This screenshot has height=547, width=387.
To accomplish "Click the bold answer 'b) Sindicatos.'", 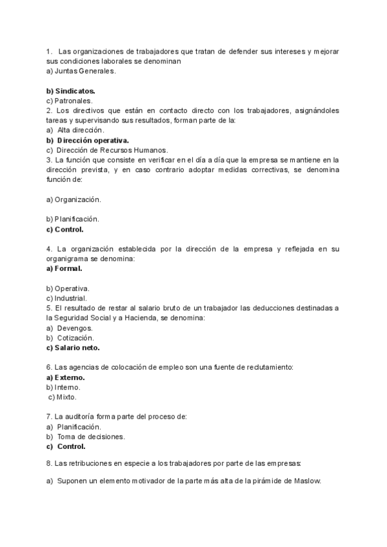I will click(x=71, y=91).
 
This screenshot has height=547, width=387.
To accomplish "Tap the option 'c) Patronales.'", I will click(x=70, y=101).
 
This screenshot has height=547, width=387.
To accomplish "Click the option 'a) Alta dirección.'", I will click(x=76, y=130).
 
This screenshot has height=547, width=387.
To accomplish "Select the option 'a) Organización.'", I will click(x=74, y=199).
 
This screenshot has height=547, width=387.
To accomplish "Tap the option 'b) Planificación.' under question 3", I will click(x=72, y=219).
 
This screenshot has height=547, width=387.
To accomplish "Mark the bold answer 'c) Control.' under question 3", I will click(x=65, y=229).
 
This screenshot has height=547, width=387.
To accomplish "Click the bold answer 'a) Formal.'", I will click(x=64, y=268).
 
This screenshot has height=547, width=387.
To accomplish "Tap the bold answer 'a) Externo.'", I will click(x=66, y=377).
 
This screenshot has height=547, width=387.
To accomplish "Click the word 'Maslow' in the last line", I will click(x=306, y=481).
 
